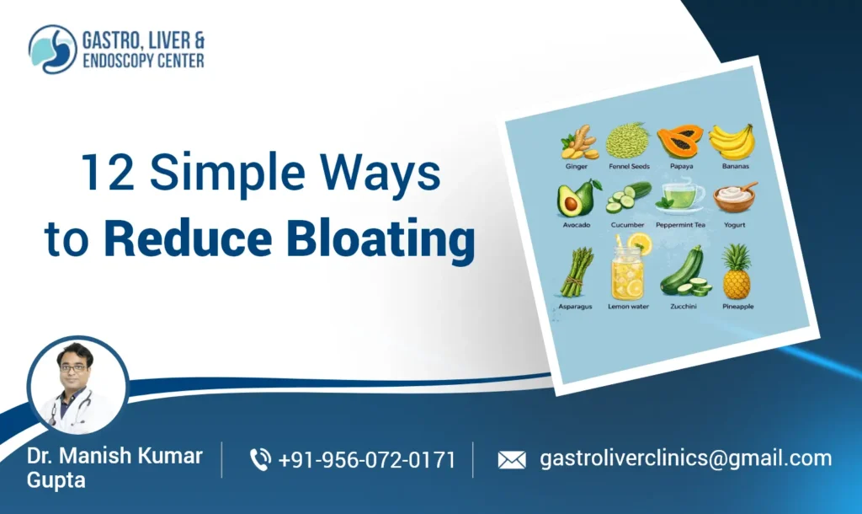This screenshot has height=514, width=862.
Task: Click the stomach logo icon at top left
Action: (x=52, y=49)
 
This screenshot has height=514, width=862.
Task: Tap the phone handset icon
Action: (x=260, y=459)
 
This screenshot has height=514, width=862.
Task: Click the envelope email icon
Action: (x=512, y=460)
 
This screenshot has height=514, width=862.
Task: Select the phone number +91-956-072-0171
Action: (x=366, y=460)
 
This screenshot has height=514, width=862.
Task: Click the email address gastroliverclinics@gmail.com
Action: (x=685, y=459)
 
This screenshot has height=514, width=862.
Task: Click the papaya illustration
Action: (x=678, y=142)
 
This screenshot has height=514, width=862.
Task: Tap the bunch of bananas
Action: (x=731, y=141)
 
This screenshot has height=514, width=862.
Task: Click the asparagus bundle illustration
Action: (x=575, y=271)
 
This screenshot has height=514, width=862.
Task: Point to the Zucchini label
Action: (x=684, y=307)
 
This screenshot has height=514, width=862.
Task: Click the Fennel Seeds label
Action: (x=629, y=167)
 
